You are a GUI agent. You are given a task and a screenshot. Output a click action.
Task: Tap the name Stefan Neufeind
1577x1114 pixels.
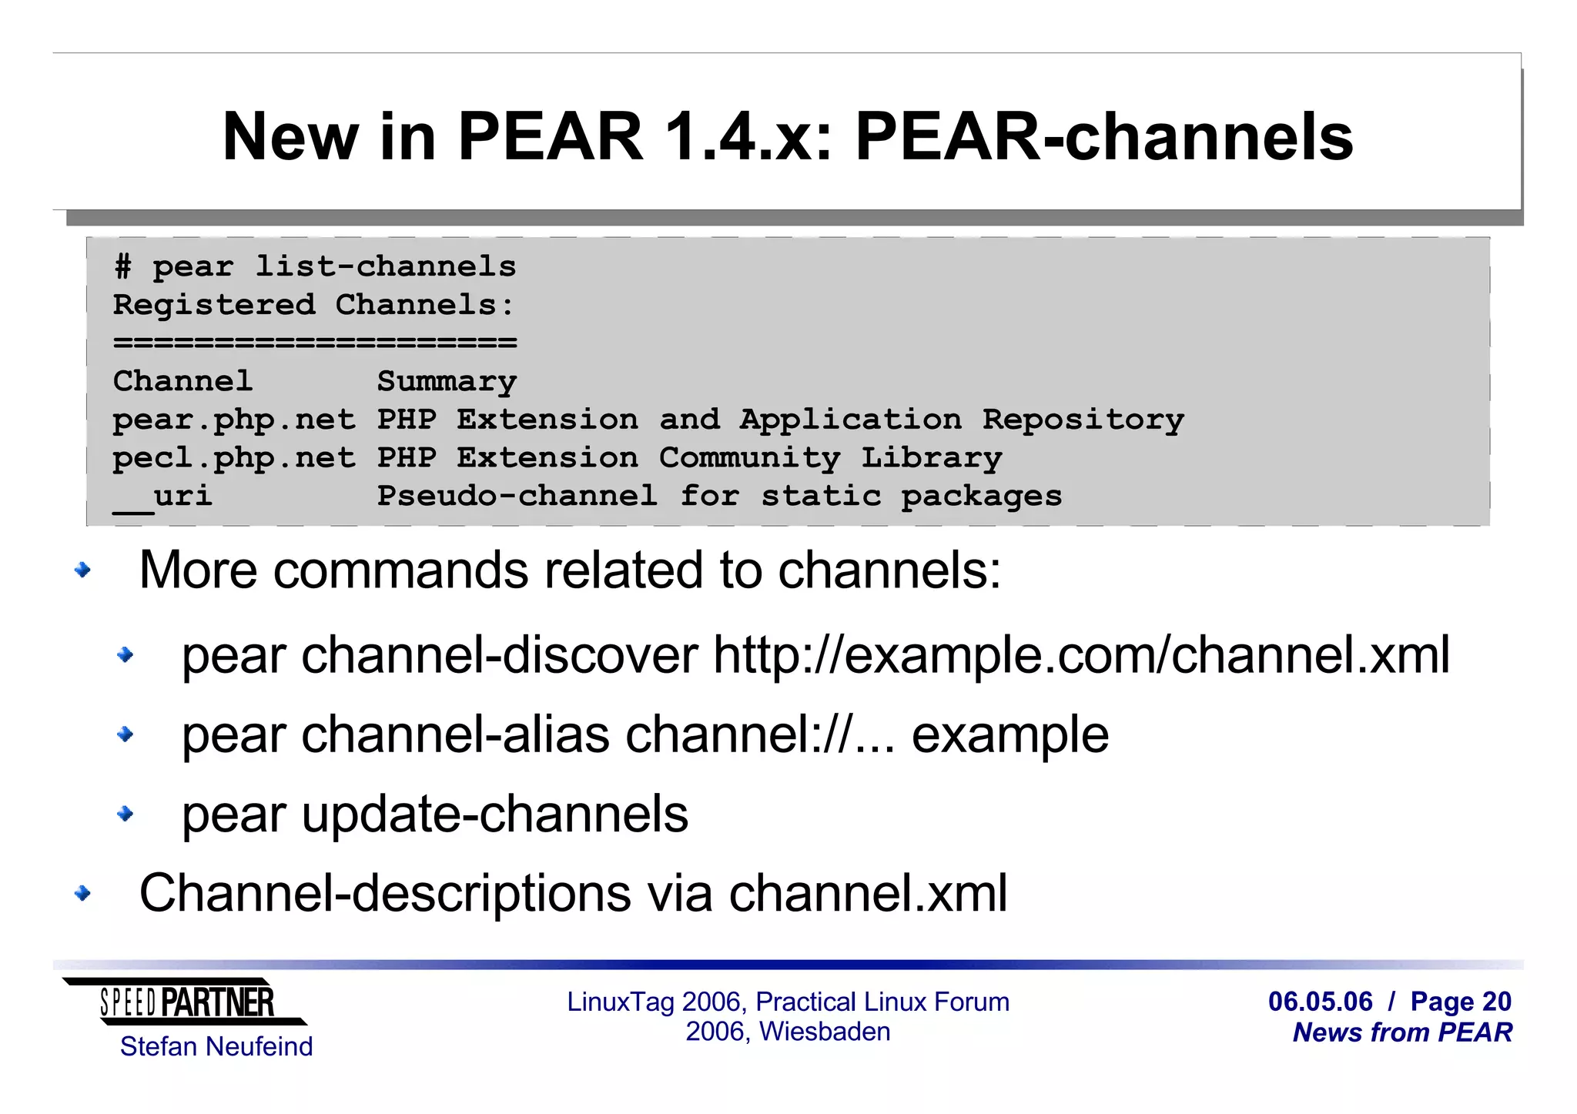coord(216,1047)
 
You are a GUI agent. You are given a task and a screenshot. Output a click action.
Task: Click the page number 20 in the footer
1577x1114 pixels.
coord(1496,1002)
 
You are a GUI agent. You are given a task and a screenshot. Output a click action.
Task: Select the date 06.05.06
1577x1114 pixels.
coord(1320,1002)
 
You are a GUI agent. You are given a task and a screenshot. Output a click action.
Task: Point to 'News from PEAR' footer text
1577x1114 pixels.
coord(1402,1032)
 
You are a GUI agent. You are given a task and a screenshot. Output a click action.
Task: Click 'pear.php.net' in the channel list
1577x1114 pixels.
coord(234,420)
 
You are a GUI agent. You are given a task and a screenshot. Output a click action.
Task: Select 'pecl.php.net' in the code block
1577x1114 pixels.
coord(234,459)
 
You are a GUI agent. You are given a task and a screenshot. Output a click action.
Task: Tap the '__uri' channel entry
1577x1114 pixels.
coord(163,497)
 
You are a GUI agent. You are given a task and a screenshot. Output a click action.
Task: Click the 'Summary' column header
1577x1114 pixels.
coord(447,382)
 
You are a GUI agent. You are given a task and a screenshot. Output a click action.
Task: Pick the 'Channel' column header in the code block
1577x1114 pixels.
coord(182,382)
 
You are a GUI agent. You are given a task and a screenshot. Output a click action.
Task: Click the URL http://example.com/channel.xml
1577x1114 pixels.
coord(1081,656)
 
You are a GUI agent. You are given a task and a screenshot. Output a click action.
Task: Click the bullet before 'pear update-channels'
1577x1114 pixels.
coord(126,814)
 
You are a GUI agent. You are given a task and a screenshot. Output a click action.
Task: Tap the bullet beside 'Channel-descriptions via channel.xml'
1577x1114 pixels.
coord(83,894)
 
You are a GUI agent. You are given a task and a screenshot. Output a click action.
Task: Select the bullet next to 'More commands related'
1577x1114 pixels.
coord(83,570)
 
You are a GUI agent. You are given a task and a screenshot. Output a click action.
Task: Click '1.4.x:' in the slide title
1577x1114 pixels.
coord(748,137)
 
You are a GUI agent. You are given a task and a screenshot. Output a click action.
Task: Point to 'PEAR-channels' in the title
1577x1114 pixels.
coord(1103,137)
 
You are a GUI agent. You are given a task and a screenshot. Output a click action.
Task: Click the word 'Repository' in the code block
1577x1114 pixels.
coord(1083,420)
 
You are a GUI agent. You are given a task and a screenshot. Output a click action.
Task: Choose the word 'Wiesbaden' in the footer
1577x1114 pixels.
coord(825,1032)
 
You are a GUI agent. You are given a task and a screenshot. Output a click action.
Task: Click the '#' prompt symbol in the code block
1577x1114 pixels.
coord(122,267)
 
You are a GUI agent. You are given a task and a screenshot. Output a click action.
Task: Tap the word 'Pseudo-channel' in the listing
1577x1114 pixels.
coord(517,497)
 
